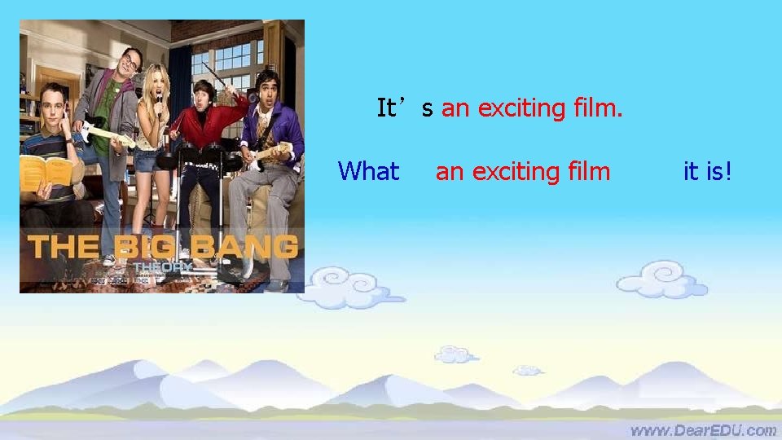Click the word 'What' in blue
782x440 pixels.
368,171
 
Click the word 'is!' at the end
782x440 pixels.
718,171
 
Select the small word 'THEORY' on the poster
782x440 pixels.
162,266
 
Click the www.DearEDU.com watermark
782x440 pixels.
702,429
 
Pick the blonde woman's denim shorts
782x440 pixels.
148,159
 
